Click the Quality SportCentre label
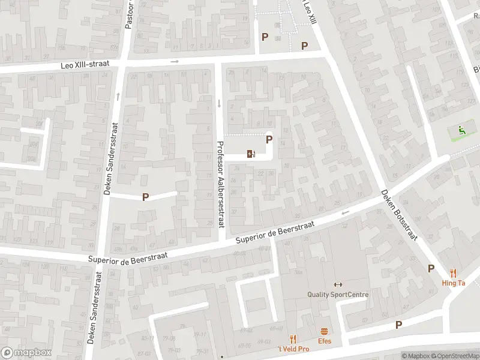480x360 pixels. click(338, 294)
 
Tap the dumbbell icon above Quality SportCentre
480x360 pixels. click(338, 284)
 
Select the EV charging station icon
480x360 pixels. click(251, 154)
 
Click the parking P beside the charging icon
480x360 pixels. click(269, 139)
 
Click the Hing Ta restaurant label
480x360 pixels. click(454, 283)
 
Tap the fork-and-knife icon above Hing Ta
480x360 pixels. click(453, 273)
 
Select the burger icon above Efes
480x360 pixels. click(325, 331)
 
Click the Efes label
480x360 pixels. click(325, 341)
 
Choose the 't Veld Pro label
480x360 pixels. click(293, 349)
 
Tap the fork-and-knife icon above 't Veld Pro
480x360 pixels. click(293, 339)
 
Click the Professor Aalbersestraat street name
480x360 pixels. click(220, 184)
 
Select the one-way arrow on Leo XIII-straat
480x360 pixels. click(175, 61)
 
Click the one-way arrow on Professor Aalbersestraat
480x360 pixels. click(219, 103)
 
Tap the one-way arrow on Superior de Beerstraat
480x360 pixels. click(345, 212)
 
